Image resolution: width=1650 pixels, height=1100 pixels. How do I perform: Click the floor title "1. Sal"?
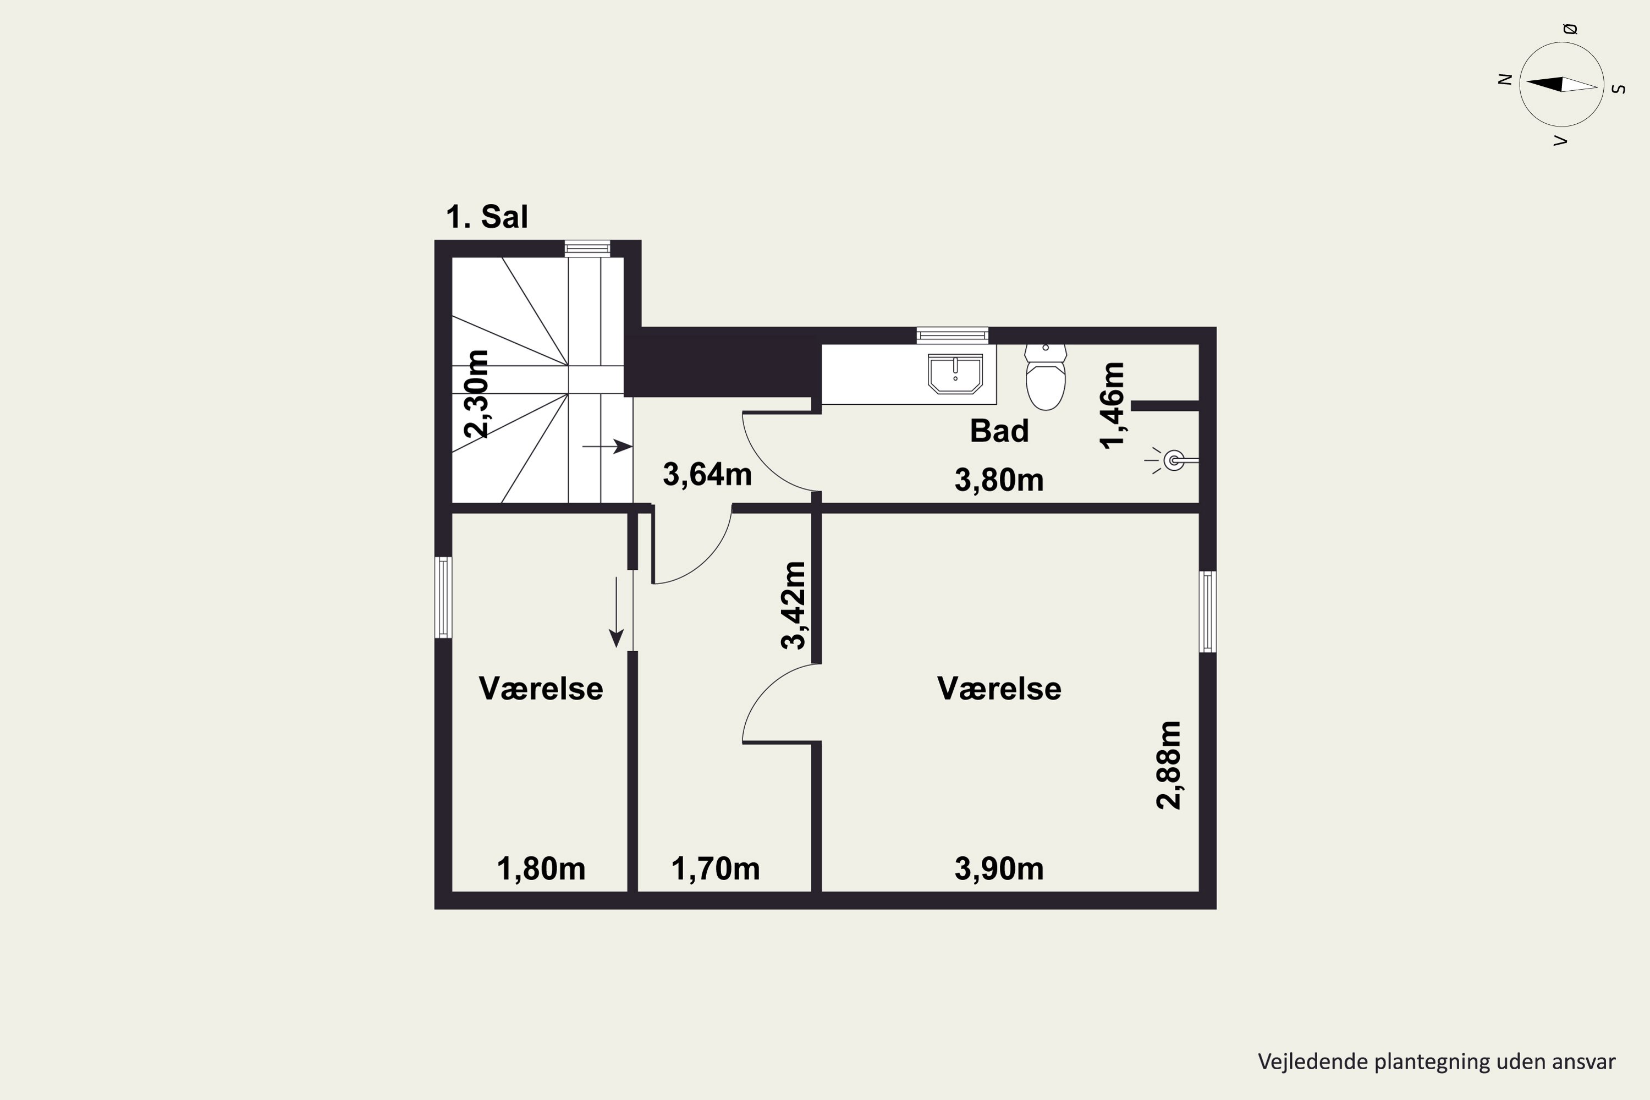coord(487,217)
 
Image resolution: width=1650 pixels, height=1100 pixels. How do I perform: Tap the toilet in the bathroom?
coord(1046,377)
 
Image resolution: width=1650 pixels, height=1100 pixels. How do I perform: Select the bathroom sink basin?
coord(955,374)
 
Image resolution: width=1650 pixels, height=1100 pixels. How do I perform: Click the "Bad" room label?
coord(999,431)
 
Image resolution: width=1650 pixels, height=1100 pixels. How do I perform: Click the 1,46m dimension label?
coord(1113,405)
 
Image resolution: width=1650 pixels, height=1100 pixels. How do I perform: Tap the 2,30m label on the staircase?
coord(476,394)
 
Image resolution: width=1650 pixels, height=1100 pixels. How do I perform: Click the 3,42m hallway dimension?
coord(794,606)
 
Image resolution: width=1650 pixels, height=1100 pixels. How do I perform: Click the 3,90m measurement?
coord(999,869)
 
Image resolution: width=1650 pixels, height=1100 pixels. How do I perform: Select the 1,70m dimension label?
coord(716,869)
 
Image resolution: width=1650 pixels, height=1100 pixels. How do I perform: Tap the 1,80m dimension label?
coord(541,869)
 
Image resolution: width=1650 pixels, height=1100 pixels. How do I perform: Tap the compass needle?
coord(1561,85)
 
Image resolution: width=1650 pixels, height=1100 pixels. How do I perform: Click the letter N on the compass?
coord(1504,79)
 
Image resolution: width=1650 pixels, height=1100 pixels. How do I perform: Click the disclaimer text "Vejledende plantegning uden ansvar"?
coord(1437,1062)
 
